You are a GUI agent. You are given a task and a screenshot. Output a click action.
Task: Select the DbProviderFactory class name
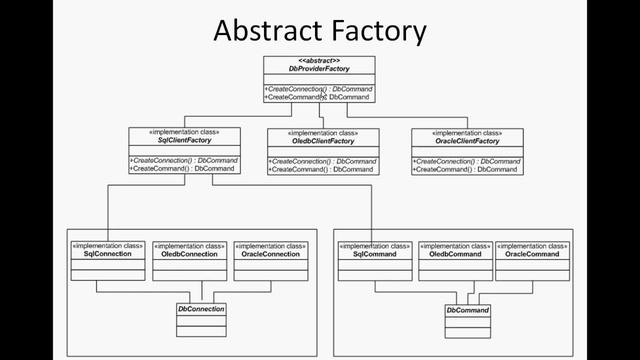click(319, 69)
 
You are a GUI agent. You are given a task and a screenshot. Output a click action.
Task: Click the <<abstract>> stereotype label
click(319, 60)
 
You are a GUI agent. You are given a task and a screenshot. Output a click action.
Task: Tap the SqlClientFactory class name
click(183, 141)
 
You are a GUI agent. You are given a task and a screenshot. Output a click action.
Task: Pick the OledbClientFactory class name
click(322, 141)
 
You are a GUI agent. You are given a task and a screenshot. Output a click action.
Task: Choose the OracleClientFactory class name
click(466, 141)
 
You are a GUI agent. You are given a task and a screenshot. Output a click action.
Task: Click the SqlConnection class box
click(107, 259)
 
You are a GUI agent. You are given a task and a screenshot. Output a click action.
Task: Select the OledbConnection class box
click(188, 259)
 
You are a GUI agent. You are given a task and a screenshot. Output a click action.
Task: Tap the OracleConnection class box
click(270, 259)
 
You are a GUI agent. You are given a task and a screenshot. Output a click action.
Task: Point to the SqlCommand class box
click(374, 259)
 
